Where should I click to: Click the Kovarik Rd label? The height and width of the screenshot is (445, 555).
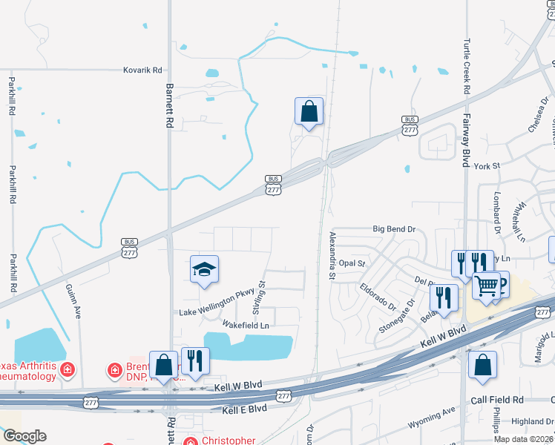tap(142, 70)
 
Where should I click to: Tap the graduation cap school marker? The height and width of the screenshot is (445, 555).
tap(205, 270)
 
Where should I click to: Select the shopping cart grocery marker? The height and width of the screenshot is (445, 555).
tap(487, 284)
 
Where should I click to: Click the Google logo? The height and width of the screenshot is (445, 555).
tap(24, 436)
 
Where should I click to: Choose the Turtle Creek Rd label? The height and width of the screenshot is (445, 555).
tap(467, 65)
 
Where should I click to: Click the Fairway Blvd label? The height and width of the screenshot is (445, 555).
tap(467, 145)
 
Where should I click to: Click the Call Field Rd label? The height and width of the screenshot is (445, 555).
tap(497, 400)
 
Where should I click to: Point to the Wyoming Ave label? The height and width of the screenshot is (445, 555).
tap(431, 420)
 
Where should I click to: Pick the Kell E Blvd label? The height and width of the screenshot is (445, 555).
tap(244, 409)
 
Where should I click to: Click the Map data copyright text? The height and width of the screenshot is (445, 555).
tap(522, 439)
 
